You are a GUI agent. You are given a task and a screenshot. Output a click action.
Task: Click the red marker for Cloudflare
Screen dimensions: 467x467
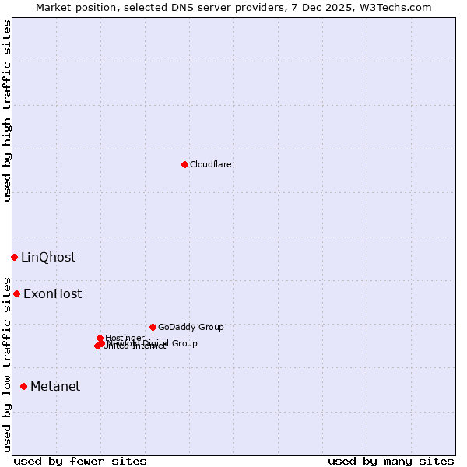184,164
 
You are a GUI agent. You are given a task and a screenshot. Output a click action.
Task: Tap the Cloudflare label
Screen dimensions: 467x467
211,164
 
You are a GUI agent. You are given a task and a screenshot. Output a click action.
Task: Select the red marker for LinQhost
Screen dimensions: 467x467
14,257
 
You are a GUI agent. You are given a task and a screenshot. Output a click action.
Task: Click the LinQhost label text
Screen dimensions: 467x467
48,258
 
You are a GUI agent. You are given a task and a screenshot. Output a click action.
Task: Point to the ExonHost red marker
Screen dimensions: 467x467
16,293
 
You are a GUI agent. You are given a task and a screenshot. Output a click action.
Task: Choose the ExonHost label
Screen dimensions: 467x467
52,294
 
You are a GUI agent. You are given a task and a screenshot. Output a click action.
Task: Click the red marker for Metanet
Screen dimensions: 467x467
23,386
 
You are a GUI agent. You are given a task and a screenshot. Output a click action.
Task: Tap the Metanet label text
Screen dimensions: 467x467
55,387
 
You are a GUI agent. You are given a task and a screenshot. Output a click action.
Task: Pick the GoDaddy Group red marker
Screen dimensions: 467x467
153,327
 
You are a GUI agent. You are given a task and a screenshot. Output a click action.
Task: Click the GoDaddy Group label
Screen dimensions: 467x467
191,327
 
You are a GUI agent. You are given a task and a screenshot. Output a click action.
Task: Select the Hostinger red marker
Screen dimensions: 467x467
100,338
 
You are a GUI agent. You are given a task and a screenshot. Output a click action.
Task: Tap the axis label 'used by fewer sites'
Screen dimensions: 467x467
80,461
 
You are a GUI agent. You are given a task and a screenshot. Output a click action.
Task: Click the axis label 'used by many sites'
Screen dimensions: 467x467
391,461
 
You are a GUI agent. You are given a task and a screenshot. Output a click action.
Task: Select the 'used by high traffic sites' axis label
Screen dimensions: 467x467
7,111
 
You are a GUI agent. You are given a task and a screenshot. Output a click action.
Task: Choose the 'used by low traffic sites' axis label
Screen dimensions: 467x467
7,363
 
